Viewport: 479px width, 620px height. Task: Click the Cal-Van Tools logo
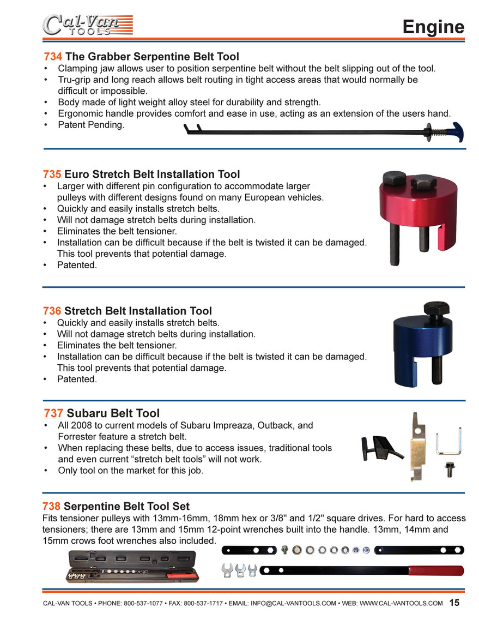tap(87, 25)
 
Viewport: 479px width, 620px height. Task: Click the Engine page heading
tap(433, 27)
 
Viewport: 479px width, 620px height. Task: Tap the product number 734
tap(53, 57)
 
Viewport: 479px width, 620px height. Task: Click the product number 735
tap(52, 174)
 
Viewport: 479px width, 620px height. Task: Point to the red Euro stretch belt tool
tap(418, 218)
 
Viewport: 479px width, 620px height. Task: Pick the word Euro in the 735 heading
tap(77, 174)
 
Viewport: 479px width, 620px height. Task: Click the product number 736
tap(52, 311)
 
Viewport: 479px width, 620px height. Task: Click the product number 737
tap(53, 413)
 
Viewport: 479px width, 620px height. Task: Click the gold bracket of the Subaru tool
tap(418, 447)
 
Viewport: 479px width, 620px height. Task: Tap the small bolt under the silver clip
tap(450, 469)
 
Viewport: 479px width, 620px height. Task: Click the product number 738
tap(51, 507)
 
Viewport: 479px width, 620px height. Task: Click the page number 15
tap(454, 603)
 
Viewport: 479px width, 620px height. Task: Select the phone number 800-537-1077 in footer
tap(143, 604)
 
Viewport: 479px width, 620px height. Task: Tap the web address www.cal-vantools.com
tap(401, 604)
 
